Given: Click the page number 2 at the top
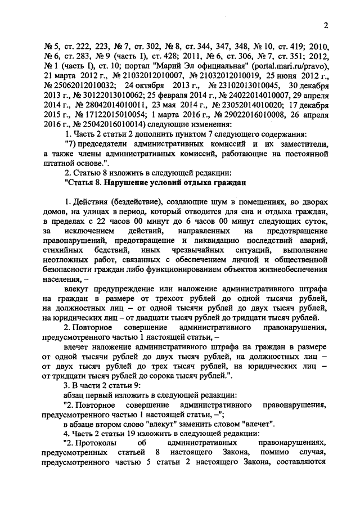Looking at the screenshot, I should (x=326, y=26).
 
